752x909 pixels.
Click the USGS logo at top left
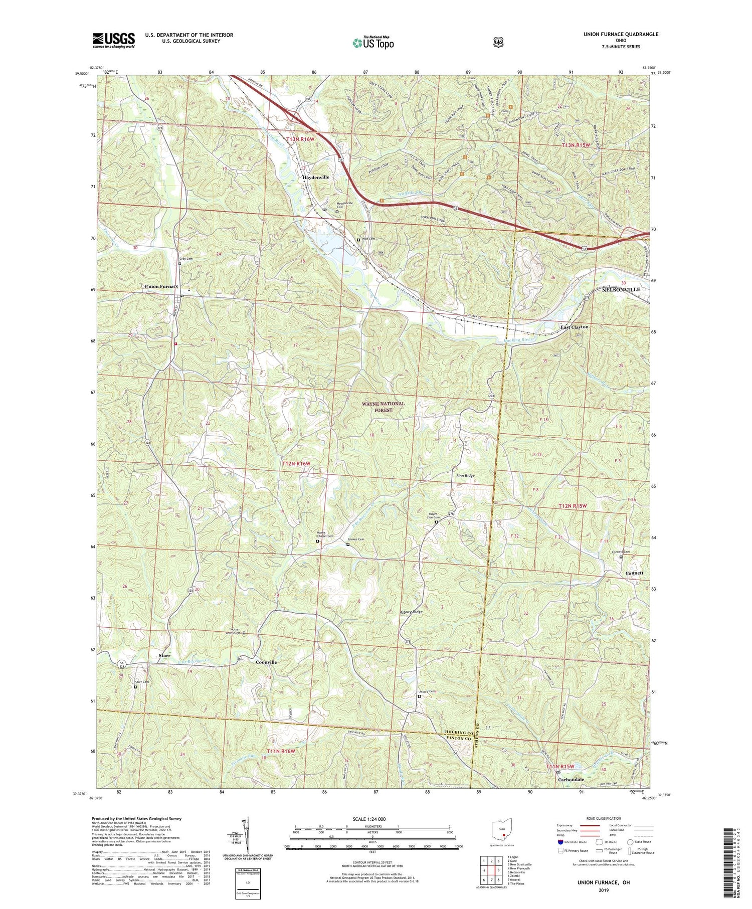coord(113,40)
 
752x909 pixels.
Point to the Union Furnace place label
coord(161,286)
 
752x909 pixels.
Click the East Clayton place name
coord(574,327)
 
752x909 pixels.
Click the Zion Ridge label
coord(465,475)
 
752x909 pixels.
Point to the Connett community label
coord(634,573)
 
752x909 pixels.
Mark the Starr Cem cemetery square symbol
coord(135,687)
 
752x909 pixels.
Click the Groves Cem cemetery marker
coord(348,544)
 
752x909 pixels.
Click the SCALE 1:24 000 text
coord(372,819)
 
